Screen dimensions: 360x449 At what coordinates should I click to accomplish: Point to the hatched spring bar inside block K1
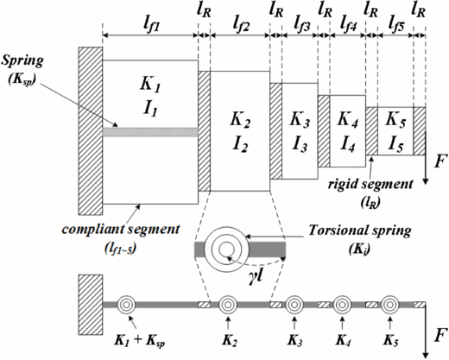point(149,131)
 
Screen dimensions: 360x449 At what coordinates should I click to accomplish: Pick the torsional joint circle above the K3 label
point(294,304)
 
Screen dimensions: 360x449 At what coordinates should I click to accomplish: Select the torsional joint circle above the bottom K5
point(390,304)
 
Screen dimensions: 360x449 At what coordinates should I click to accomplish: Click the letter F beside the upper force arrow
point(439,161)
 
